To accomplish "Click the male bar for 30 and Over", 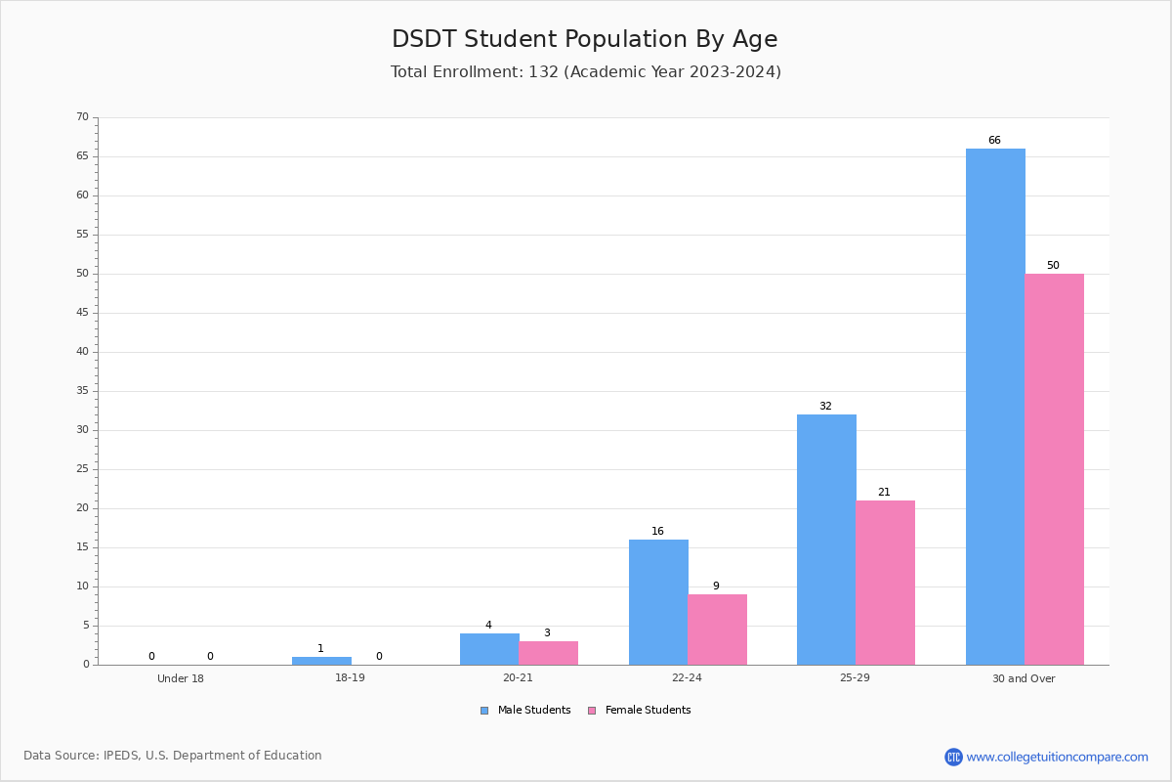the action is (995, 407).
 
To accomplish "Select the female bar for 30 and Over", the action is (1054, 469).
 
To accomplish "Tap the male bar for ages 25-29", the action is (826, 540).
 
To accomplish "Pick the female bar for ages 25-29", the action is (885, 583).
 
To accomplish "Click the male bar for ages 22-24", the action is (658, 602).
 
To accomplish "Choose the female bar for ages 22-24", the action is (717, 630).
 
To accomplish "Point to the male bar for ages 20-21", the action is (489, 649).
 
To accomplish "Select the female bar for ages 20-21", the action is (548, 653).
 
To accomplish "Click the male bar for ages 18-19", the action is (321, 661).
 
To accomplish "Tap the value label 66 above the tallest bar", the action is (994, 140).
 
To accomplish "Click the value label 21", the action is (884, 492).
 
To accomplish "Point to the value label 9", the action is (716, 586).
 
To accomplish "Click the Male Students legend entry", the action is (525, 710).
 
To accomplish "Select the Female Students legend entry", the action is (640, 710).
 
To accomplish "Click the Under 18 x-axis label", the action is (181, 678).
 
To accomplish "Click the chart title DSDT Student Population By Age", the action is (585, 39).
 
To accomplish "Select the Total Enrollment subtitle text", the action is (586, 71).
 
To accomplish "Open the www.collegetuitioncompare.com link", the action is (1057, 757).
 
